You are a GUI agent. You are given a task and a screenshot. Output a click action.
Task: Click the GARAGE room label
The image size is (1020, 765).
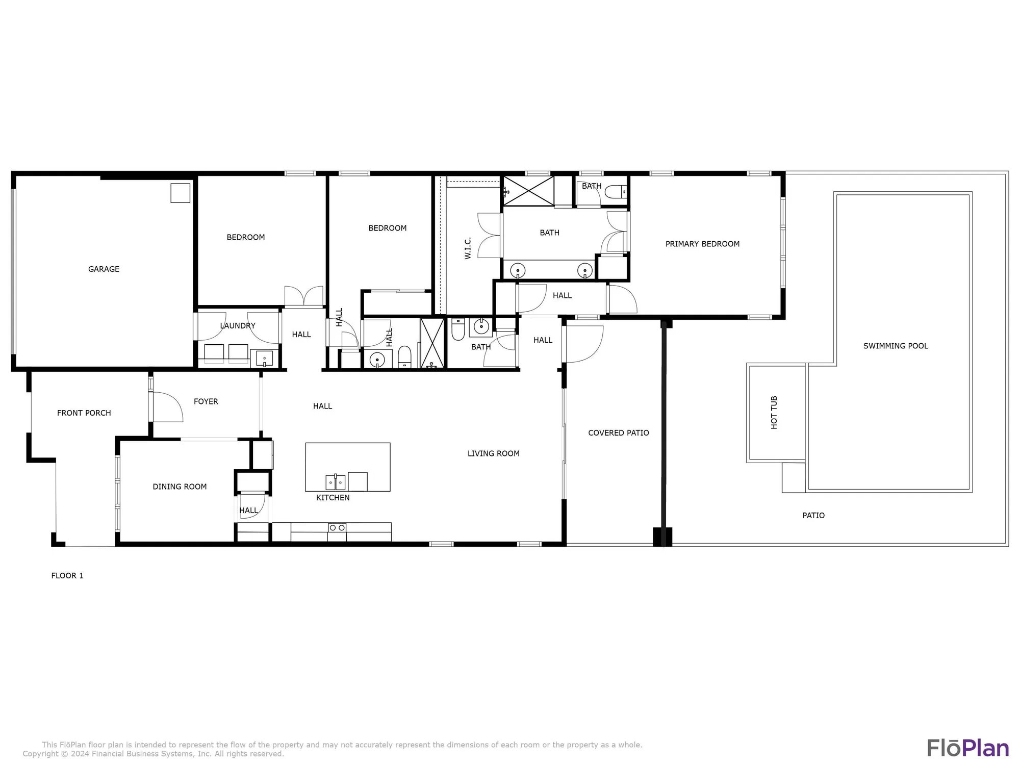coord(104,269)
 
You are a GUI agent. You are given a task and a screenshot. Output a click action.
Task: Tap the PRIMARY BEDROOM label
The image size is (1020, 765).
coord(702,244)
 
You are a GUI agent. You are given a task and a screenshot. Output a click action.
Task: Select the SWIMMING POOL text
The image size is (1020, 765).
coord(896,346)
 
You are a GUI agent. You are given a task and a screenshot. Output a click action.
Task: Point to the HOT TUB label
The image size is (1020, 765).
coord(774,412)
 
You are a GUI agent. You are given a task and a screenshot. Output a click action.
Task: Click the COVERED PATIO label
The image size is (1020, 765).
coord(618,433)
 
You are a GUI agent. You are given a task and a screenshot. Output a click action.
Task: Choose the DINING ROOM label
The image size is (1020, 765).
coord(180,487)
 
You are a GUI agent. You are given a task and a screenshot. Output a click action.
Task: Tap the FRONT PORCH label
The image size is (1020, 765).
coord(84,413)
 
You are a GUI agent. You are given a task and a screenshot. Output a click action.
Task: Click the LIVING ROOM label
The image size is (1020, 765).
coord(493,453)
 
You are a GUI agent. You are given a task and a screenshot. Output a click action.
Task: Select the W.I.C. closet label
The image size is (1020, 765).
coord(468,248)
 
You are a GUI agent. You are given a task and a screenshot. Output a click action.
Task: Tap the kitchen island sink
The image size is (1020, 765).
coord(336,482)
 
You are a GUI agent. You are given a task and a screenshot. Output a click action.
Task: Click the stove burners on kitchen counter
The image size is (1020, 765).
coord(337,527)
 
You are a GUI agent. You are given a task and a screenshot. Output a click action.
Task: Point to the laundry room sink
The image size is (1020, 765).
coord(265,359)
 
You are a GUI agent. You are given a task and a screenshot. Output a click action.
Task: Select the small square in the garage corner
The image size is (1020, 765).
coord(180,193)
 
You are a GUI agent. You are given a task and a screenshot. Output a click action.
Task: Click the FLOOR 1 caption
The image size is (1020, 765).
coord(67,576)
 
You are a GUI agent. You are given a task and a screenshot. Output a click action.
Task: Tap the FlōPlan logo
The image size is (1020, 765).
coord(967,748)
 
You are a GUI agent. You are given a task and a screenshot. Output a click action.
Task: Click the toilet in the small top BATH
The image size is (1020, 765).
coord(616,192)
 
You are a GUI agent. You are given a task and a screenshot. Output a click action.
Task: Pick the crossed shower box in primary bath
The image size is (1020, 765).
coord(528,191)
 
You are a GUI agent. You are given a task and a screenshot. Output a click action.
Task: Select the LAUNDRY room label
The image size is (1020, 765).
coord(238,326)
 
